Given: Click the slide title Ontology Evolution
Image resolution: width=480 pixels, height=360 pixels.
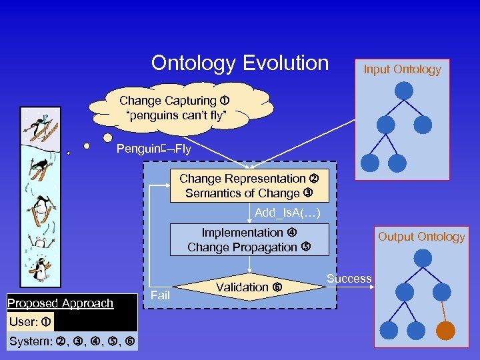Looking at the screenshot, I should click(240, 63).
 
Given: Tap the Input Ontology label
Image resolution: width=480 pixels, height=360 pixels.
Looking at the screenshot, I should click(402, 69).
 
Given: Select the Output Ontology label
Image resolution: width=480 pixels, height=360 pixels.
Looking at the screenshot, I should click(421, 237).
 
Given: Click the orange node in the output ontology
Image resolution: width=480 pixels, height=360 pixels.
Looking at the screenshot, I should click(445, 331).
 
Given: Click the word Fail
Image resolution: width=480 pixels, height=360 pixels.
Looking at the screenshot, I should click(161, 294).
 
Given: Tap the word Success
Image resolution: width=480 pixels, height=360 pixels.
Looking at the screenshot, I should click(349, 279).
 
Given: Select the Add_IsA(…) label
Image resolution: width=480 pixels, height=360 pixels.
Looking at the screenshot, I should click(288, 213).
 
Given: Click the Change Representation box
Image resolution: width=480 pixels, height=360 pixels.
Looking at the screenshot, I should click(249, 187).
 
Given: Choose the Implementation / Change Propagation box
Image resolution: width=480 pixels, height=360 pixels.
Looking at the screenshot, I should click(249, 240).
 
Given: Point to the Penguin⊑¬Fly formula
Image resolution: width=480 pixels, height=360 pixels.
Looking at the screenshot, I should click(153, 149).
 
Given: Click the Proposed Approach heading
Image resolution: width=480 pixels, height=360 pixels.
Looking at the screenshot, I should click(61, 303).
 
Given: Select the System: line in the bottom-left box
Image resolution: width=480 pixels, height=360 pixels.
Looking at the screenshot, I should click(71, 342).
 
